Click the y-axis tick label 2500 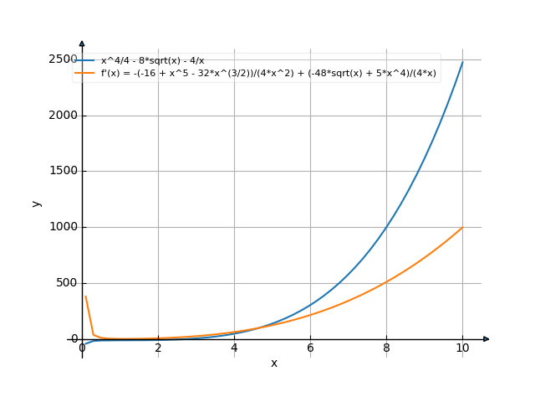point(63,59)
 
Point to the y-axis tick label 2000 point(63,116)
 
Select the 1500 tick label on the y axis point(63,171)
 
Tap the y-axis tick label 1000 point(63,227)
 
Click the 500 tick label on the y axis point(66,283)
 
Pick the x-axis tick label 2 point(158,348)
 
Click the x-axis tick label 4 point(234,348)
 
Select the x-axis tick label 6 point(310,348)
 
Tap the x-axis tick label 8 point(386,348)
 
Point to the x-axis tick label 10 point(462,348)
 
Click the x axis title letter point(273,363)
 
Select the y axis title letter point(36,203)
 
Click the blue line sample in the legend point(85,61)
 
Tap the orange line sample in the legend point(85,73)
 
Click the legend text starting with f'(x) point(268,73)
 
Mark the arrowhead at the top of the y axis point(82,43)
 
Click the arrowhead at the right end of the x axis point(486,339)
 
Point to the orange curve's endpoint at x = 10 point(462,227)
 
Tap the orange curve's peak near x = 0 point(86,296)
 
